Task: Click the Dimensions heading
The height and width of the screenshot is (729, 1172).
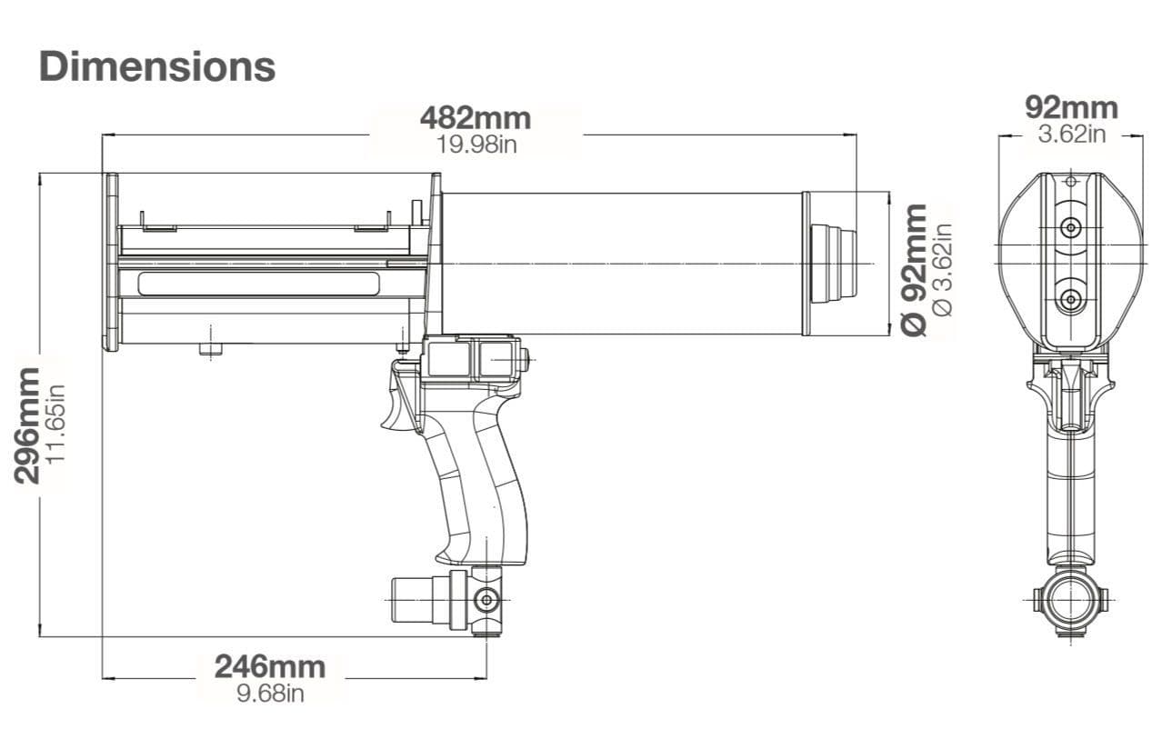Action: click(x=157, y=66)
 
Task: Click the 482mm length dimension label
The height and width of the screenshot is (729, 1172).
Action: click(x=475, y=118)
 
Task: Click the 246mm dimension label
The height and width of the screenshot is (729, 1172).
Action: click(x=270, y=666)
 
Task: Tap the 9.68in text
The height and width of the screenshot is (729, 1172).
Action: click(x=270, y=693)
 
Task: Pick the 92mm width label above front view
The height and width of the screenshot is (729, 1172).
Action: click(x=1071, y=107)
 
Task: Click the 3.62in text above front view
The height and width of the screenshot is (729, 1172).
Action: click(x=1071, y=135)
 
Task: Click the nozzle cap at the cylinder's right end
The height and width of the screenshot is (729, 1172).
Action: click(x=833, y=263)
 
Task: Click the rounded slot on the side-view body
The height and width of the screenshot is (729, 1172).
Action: click(x=259, y=284)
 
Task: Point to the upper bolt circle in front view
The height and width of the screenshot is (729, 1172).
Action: click(x=1071, y=226)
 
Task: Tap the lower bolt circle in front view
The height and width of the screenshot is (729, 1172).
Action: click(x=1071, y=299)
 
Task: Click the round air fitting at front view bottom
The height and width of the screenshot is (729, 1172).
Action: click(x=1071, y=599)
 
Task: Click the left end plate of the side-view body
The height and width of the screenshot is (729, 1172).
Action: click(x=111, y=262)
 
